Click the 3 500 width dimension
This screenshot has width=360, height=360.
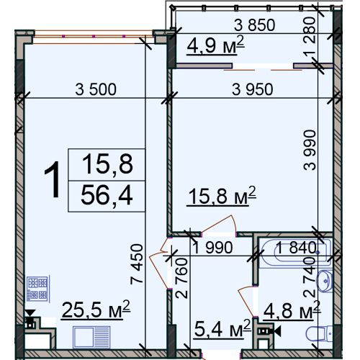pos(96,89)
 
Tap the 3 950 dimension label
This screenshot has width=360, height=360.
pos(253,89)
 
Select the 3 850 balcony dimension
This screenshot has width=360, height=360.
pos(254,25)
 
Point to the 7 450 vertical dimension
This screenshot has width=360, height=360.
pos(137,264)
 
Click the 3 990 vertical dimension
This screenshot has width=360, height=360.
pos(310,150)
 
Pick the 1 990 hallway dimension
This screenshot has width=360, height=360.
pos(212,248)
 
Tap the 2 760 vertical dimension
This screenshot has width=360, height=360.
pos(181,278)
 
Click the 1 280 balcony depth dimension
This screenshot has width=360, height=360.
pos(309,37)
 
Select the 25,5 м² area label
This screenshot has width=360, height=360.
pos(96,310)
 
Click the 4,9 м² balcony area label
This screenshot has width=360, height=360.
pos(215,45)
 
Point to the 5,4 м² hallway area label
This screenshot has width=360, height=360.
pos(222,329)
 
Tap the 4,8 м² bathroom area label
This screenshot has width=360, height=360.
pos(292,310)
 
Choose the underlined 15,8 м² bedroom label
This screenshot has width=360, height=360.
pos(221,196)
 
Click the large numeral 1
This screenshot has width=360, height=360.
pos(53,179)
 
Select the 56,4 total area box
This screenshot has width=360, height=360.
pos(107,196)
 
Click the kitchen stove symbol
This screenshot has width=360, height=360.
pos(37,289)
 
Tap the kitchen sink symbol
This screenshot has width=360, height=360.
pos(91,337)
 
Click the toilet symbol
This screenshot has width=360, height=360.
pos(320,333)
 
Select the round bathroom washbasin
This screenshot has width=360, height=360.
pos(325,281)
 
